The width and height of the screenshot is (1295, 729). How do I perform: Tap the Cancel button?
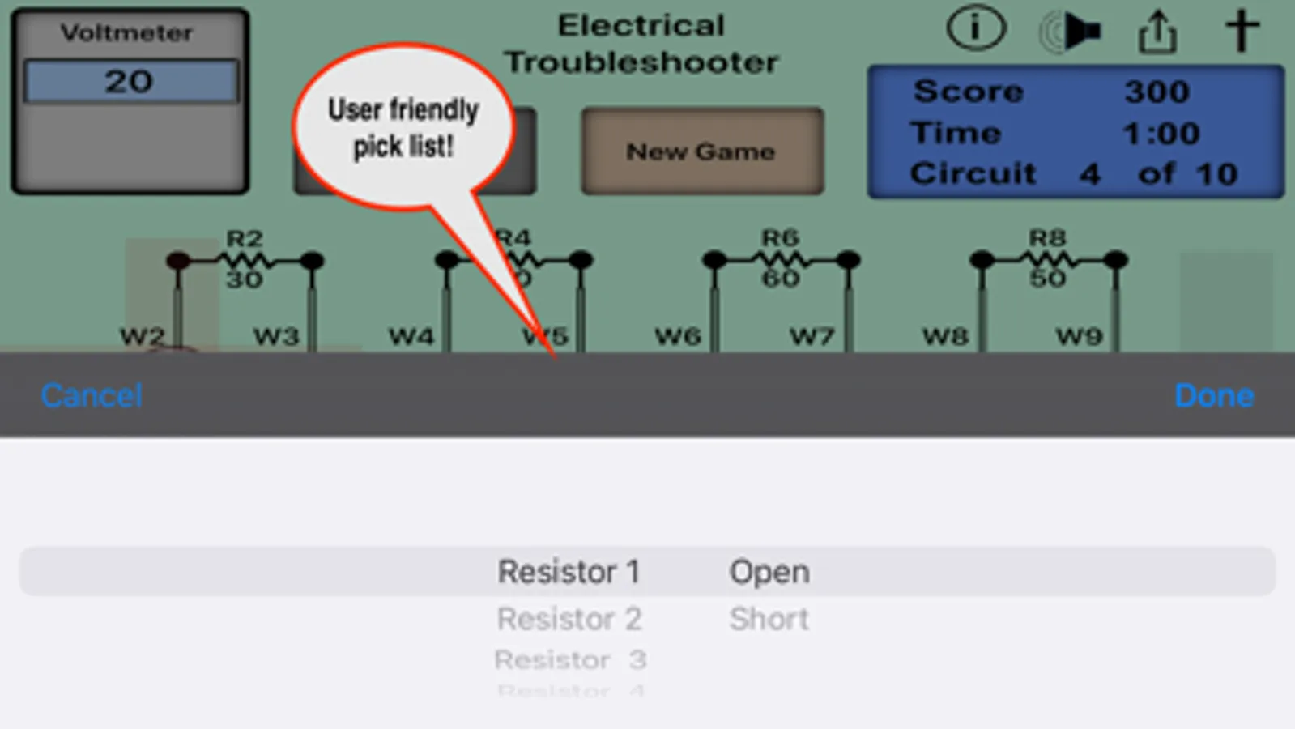[92, 395]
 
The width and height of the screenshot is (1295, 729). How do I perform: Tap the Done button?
[1213, 395]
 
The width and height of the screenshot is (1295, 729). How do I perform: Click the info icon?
[976, 31]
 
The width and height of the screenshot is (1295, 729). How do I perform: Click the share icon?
[1157, 32]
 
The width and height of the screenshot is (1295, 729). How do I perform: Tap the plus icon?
[1242, 31]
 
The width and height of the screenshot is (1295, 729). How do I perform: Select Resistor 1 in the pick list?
[569, 572]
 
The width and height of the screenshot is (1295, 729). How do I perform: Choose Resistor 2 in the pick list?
[569, 620]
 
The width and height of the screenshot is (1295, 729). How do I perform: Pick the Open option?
[769, 572]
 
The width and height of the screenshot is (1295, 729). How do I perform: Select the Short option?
[769, 620]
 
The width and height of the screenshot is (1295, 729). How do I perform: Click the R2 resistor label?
[245, 239]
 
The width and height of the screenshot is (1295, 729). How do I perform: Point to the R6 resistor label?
[780, 238]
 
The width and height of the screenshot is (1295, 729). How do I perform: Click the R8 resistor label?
[1047, 238]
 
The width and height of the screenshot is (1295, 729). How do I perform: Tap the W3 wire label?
[276, 336]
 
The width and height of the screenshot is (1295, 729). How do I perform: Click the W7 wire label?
[812, 336]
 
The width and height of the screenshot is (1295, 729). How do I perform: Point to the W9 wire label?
[1080, 336]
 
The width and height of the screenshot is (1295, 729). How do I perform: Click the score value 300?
[1157, 92]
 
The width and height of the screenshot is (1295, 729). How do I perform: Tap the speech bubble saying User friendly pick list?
[403, 128]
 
